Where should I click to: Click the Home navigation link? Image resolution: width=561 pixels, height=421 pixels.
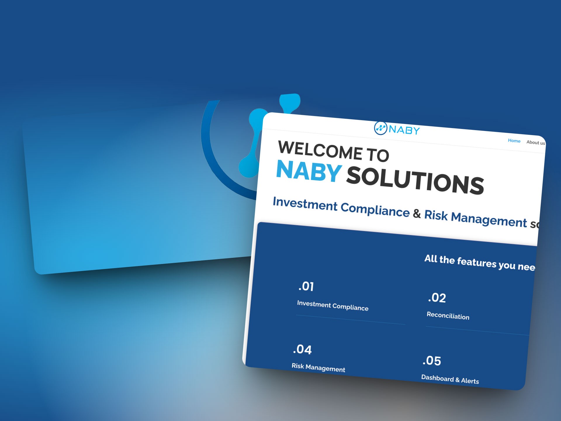coord(514,141)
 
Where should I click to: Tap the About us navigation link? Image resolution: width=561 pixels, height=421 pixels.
coord(535,142)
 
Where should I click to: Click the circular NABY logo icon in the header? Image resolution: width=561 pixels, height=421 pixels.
coord(380,128)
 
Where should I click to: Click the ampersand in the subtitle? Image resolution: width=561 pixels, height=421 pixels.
coord(417,213)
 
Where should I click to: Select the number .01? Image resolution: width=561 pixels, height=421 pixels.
coord(306,287)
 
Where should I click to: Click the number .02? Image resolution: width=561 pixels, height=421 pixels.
coord(437,298)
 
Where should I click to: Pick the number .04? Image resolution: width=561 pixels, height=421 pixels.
coord(302,349)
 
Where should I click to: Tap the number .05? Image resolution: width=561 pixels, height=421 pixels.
coord(432,361)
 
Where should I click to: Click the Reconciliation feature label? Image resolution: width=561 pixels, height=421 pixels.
coord(448,316)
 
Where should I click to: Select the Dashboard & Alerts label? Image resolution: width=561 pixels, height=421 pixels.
coord(450,379)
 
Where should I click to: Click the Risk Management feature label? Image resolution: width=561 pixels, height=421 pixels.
coord(318,367)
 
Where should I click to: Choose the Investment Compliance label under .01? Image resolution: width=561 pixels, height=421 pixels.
coord(333,306)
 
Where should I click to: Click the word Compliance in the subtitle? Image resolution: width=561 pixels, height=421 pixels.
coord(375,209)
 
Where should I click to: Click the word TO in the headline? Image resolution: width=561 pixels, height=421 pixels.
coord(378,155)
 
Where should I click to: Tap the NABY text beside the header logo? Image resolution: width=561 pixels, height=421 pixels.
coord(404,130)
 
